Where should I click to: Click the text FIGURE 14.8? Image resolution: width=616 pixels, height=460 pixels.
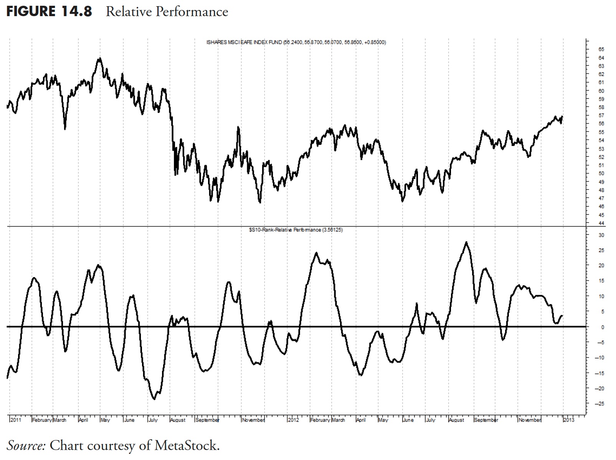click(49, 12)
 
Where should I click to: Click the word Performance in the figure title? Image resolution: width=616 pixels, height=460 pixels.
click(192, 12)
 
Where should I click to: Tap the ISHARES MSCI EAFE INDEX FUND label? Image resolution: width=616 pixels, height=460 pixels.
click(244, 42)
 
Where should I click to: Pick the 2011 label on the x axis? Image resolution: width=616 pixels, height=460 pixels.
click(16, 420)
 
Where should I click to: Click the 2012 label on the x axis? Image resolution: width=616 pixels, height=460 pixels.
click(294, 420)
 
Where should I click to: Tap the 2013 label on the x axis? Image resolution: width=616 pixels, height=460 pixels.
click(569, 420)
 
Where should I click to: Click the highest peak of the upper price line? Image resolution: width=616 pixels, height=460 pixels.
click(100, 58)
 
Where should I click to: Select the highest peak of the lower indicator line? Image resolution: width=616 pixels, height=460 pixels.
click(466, 242)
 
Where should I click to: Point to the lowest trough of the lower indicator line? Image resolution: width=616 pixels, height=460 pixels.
click(154, 399)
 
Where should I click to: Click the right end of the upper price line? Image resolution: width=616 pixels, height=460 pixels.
click(562, 116)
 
